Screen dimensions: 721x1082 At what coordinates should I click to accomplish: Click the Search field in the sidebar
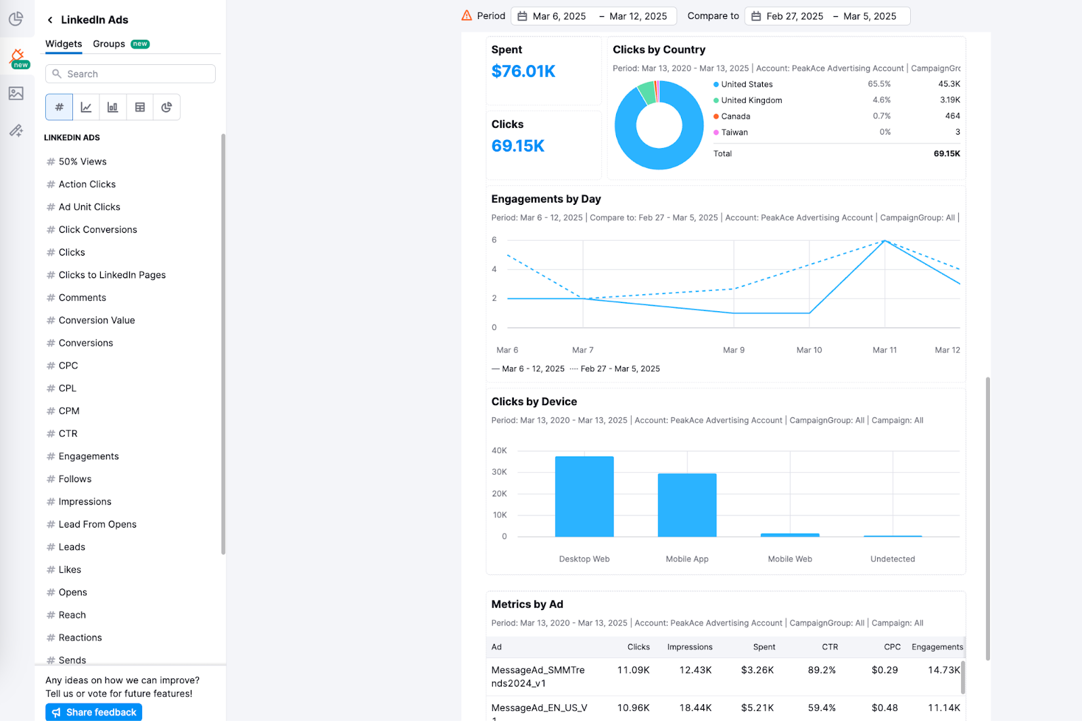point(130,74)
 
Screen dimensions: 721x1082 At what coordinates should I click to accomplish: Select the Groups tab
point(109,44)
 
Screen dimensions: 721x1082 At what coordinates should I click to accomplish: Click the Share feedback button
point(94,712)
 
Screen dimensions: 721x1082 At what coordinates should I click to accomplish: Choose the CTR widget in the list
point(68,434)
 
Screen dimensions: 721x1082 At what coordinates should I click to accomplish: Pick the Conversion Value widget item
point(96,321)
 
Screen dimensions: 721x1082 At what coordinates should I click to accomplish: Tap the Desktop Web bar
point(584,496)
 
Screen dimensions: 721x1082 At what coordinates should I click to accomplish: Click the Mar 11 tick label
point(885,350)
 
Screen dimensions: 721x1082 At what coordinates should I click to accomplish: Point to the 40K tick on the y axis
point(499,450)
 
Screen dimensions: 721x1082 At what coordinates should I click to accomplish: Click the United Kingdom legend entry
point(751,100)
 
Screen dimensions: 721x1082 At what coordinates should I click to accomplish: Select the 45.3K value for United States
point(949,85)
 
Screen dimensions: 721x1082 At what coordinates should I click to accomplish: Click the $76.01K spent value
point(523,72)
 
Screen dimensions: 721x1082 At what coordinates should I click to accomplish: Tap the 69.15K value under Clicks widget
point(518,146)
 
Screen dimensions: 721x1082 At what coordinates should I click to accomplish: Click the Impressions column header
point(690,647)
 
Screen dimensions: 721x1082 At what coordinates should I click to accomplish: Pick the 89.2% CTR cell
point(822,670)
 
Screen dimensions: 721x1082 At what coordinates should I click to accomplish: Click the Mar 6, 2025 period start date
point(559,16)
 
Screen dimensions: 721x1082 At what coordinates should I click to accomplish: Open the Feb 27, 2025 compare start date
point(794,16)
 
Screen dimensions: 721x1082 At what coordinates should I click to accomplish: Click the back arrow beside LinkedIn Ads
point(50,20)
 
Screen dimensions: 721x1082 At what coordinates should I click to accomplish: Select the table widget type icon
point(140,107)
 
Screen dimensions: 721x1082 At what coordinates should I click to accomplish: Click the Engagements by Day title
point(546,199)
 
